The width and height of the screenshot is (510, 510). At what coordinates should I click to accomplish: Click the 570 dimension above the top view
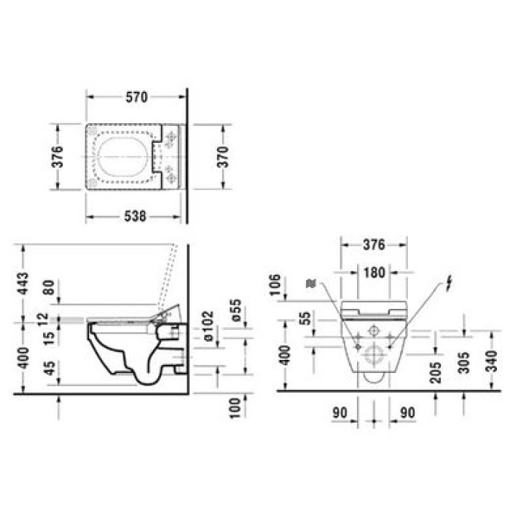pos(136,96)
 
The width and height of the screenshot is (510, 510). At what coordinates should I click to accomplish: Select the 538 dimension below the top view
pos(136,216)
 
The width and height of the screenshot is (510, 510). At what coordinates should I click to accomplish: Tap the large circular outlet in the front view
pos(374,357)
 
